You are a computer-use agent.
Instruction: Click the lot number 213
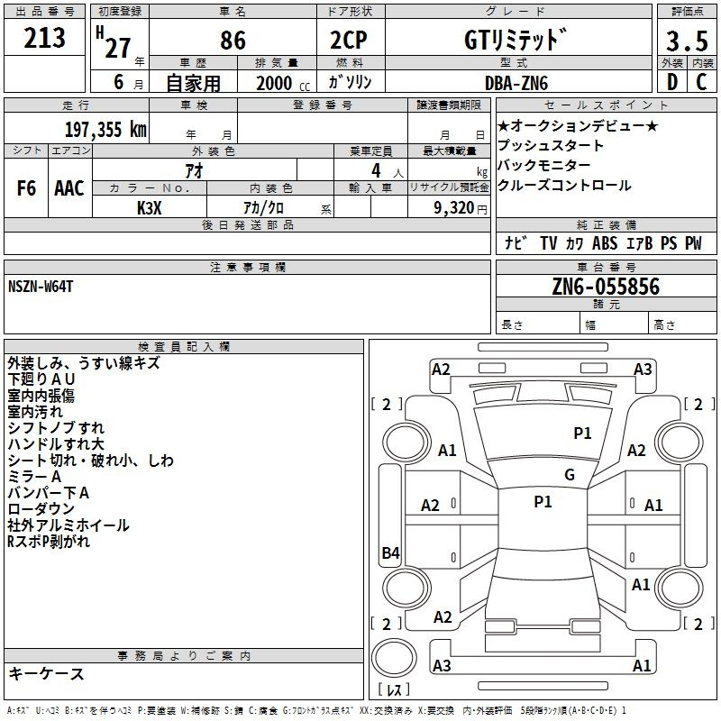[x=44, y=38]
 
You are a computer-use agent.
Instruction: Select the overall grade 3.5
[x=687, y=41]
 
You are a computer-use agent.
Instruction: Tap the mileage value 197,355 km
[x=105, y=130]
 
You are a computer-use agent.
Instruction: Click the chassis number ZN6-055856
[x=606, y=286]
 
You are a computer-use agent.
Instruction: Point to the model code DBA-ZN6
[x=516, y=83]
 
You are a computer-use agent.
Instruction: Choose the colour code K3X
[x=150, y=208]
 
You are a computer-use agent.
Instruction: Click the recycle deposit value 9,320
[x=454, y=208]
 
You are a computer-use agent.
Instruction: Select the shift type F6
[x=26, y=188]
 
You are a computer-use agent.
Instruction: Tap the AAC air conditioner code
[x=69, y=188]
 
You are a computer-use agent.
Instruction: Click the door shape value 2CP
[x=349, y=40]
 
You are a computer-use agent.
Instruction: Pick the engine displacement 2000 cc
[x=283, y=83]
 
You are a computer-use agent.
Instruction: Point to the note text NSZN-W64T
[x=41, y=287]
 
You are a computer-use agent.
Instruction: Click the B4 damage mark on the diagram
[x=391, y=552]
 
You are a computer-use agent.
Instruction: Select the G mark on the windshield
[x=570, y=475]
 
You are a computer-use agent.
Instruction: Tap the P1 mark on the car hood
[x=582, y=433]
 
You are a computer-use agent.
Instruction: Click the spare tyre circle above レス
[x=394, y=658]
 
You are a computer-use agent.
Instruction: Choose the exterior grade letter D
[x=672, y=82]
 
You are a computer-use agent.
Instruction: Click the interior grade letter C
[x=701, y=82]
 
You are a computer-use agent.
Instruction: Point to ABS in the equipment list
[x=604, y=242]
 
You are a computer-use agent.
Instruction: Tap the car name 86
[x=233, y=40]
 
